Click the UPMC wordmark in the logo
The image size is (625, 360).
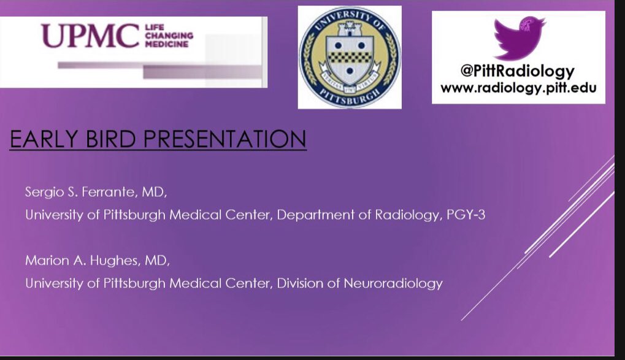90,36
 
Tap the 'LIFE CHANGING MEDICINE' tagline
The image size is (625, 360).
168,36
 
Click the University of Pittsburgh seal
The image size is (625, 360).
350,57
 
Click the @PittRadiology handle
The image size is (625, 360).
518,71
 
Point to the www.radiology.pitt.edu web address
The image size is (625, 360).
518,88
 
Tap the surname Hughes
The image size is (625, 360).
110,261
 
